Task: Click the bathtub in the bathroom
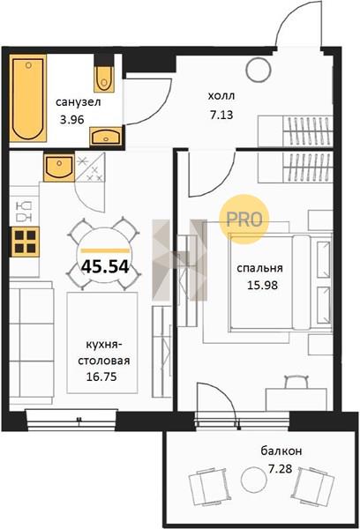coord(27,99)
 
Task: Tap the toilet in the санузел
coord(104,78)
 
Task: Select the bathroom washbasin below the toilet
coord(106,137)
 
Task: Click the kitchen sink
coord(59,168)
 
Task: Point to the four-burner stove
coord(25,242)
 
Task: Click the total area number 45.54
coord(105,267)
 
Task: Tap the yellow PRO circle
coord(244,220)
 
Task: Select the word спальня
coord(259,268)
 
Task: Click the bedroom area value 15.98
coord(262,286)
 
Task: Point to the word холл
coord(221,96)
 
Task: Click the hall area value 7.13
coord(221,115)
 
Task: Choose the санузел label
coord(78,102)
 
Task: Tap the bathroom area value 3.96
coord(71,119)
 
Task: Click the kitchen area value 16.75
coord(101,376)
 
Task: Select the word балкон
coord(281,451)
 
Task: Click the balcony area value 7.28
coord(280,469)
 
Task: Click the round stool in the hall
coord(259,70)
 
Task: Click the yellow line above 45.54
coord(105,250)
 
